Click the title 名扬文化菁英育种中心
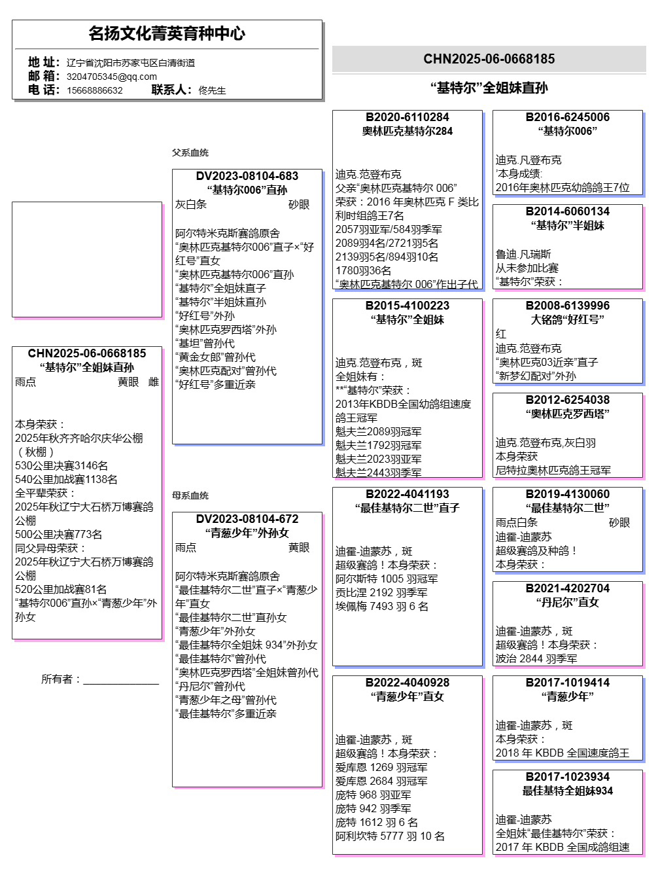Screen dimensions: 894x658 (x=167, y=33)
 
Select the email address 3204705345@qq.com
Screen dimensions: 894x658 (x=111, y=77)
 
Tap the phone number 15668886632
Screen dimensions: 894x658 (x=94, y=90)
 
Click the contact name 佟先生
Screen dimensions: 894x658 (x=212, y=90)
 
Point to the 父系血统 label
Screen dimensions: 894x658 (x=190, y=152)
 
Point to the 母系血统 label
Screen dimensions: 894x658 (x=190, y=495)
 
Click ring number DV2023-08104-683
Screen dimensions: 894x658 (x=247, y=176)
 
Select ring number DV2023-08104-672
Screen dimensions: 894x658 (x=247, y=519)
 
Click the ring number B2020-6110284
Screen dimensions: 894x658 (x=407, y=117)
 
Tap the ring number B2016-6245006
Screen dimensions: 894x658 (x=568, y=117)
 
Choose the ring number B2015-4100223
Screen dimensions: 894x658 (x=407, y=306)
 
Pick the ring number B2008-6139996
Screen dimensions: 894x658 (x=568, y=306)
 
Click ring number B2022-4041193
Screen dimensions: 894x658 (x=407, y=494)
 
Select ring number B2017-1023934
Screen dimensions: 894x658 (x=568, y=777)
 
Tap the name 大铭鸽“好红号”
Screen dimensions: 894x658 (x=568, y=319)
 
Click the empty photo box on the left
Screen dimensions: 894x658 (x=87, y=259)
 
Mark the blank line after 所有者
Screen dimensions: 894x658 (x=121, y=681)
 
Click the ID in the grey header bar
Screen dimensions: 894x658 (x=489, y=59)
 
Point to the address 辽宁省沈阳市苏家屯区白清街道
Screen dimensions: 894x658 (x=131, y=63)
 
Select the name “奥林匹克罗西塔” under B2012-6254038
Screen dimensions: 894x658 (x=568, y=414)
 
